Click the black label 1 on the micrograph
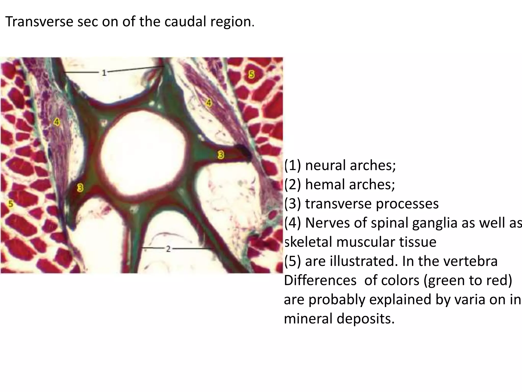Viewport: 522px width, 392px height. (x=104, y=73)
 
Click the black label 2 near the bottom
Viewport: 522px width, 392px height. (x=168, y=249)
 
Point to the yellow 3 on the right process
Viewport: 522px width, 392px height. (x=221, y=155)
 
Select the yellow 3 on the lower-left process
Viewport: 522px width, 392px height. (x=80, y=188)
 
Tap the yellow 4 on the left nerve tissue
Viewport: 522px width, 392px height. (x=57, y=122)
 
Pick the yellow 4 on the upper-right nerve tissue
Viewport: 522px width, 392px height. (x=209, y=103)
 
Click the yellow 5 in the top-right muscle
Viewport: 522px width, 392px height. (x=251, y=75)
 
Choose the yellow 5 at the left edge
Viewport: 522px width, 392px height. (x=10, y=204)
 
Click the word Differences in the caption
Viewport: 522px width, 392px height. (x=320, y=280)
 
